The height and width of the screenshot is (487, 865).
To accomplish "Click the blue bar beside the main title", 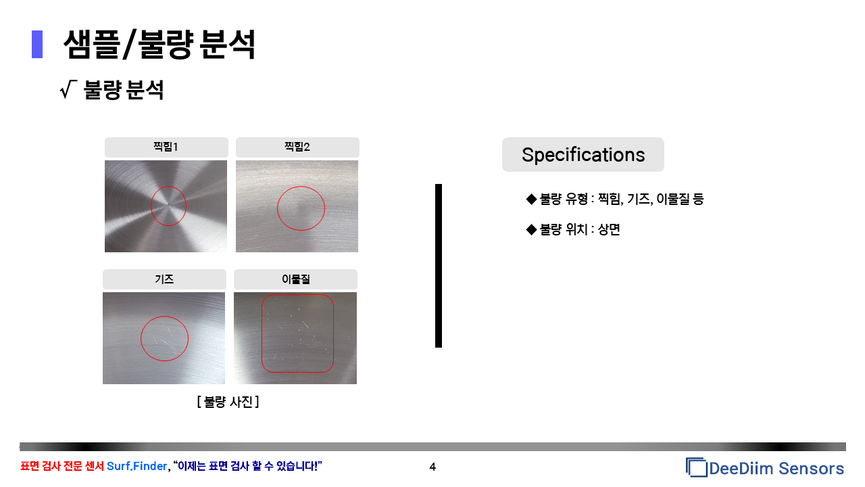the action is [x=37, y=44].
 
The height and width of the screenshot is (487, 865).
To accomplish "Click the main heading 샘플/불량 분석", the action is [x=159, y=45].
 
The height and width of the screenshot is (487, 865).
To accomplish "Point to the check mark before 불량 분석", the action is [x=68, y=90].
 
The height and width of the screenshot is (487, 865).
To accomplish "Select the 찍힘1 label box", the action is [x=166, y=147].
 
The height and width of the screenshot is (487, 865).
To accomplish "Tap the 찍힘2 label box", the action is [x=297, y=147].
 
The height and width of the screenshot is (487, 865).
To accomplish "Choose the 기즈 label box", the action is [x=164, y=279].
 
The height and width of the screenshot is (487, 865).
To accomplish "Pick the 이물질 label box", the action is [x=295, y=279].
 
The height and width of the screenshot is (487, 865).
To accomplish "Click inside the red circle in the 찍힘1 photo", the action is [x=168, y=206].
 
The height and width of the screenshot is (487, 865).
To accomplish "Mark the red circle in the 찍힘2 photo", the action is [x=277, y=208].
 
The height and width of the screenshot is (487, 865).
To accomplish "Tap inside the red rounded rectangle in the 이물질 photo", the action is [x=297, y=333].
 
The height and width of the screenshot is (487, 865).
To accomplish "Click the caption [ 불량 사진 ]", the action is [x=228, y=402].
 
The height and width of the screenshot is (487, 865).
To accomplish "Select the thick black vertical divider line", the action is [x=439, y=266].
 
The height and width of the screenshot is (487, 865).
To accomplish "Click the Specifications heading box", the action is [x=583, y=155].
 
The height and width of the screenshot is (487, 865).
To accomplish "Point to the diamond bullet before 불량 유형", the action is [x=531, y=200].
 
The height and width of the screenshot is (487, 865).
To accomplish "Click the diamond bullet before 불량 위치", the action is [x=531, y=229].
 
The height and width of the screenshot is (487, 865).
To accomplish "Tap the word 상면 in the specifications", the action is [x=609, y=229].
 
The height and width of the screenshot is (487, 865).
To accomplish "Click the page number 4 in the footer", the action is [x=432, y=467].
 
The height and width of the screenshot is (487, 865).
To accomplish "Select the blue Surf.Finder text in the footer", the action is [x=137, y=466].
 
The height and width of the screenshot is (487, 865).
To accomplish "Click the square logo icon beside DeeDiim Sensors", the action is [x=696, y=467].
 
